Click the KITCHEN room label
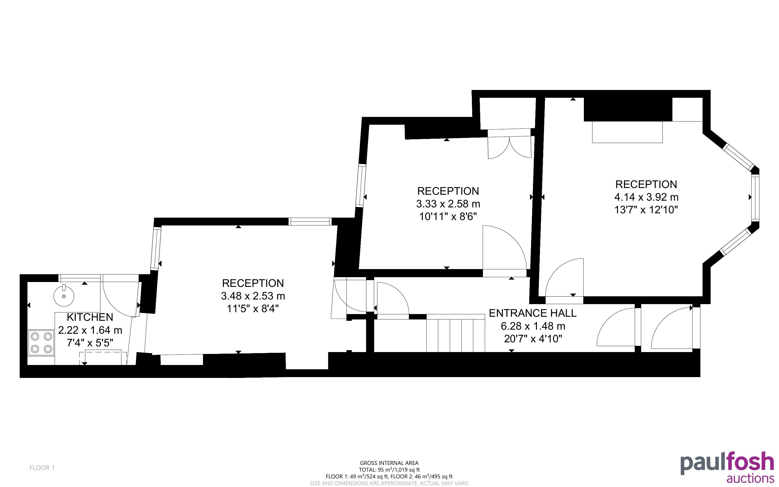(x=90, y=317)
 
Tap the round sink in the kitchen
(x=64, y=296)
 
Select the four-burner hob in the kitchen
(x=41, y=343)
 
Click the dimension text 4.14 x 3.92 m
(x=647, y=197)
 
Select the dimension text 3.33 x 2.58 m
(x=448, y=204)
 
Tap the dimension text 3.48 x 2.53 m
(x=253, y=296)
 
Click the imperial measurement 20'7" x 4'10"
(x=533, y=339)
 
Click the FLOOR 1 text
(x=42, y=468)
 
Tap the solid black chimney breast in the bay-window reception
(x=628, y=110)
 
